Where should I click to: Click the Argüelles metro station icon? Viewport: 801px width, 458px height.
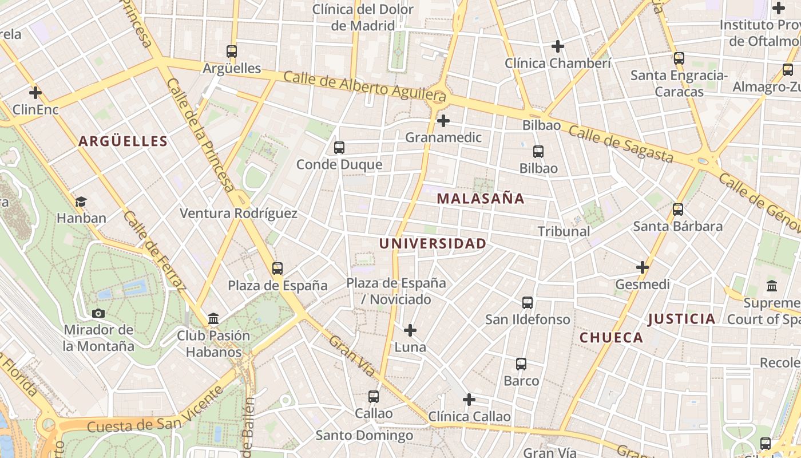(x=232, y=52)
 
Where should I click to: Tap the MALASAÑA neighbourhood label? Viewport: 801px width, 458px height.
(x=481, y=199)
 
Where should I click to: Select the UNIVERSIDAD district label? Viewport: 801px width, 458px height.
(x=433, y=243)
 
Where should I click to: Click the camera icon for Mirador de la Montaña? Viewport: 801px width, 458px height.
(x=98, y=313)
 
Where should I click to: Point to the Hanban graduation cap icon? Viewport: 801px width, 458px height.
(x=81, y=202)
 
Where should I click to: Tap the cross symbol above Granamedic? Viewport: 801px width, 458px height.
(x=443, y=121)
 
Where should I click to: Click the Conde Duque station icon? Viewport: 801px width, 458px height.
(x=339, y=148)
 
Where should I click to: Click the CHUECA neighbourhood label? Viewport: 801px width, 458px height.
(x=612, y=338)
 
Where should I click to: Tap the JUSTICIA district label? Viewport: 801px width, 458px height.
(x=681, y=319)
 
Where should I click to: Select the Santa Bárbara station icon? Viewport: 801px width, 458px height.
(x=678, y=210)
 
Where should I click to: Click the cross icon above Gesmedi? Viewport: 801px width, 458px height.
(x=643, y=267)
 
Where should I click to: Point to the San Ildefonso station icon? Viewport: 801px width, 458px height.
(x=528, y=302)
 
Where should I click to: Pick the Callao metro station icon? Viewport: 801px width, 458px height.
(x=374, y=396)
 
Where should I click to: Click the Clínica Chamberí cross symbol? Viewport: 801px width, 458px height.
(x=558, y=46)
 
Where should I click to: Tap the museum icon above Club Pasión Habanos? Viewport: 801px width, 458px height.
(x=213, y=318)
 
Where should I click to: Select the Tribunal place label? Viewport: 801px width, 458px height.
(x=564, y=231)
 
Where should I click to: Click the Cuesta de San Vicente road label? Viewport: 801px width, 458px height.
(x=154, y=411)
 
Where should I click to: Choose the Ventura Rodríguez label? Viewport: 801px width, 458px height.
(x=239, y=214)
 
